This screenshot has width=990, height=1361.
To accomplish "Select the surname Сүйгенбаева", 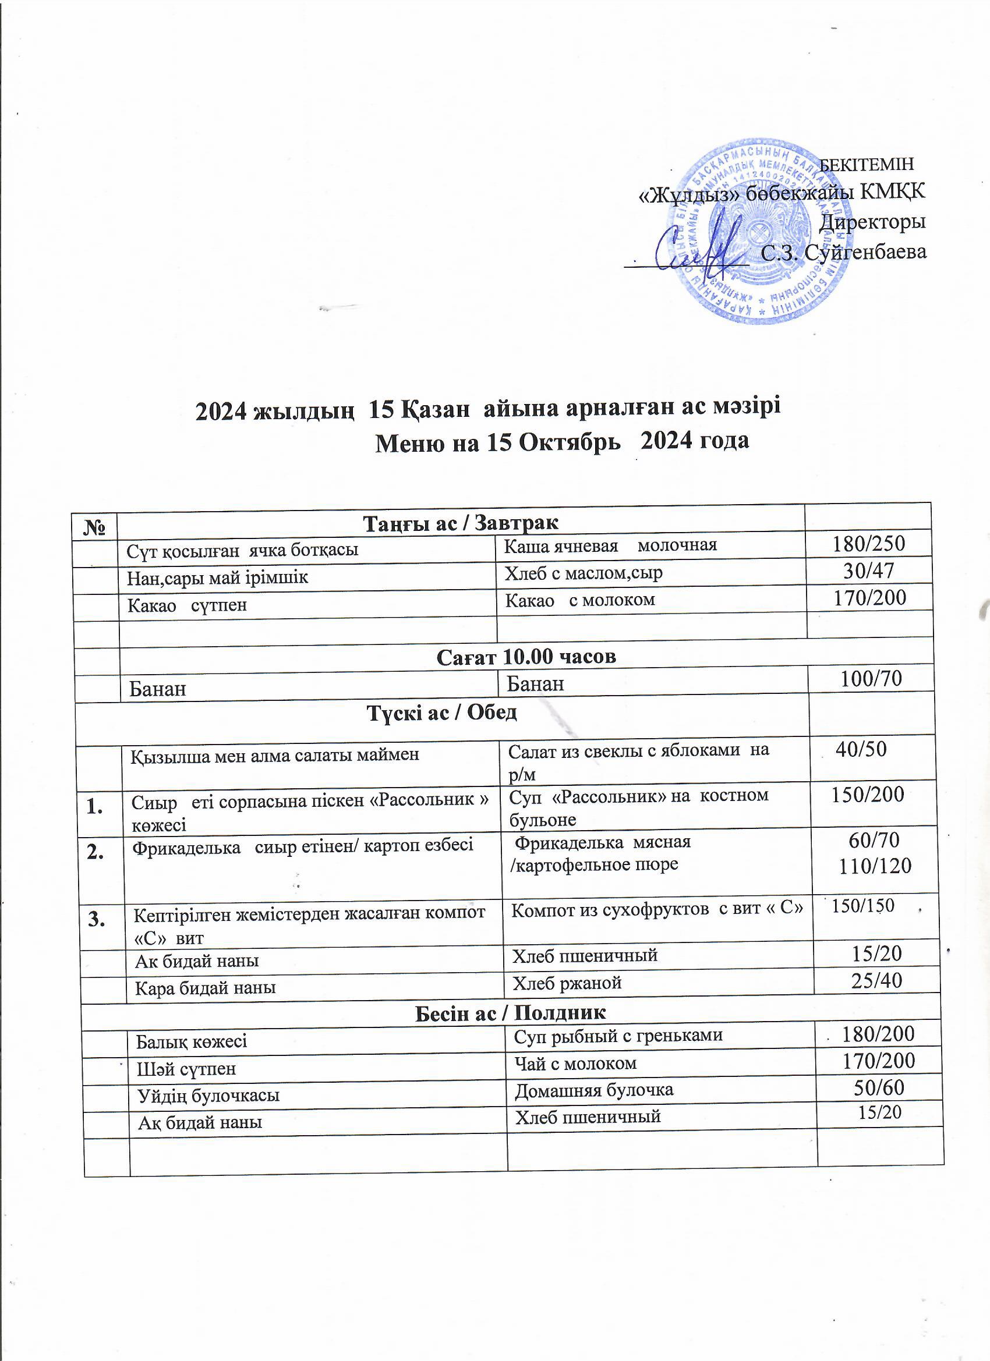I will coord(865,251).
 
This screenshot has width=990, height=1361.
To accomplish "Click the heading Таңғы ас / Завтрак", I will coord(461,523).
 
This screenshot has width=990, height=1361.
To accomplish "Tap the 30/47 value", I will coord(869,570).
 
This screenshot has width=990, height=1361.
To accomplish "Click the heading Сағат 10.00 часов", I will coord(526,657).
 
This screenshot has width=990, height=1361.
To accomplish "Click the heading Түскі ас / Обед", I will coord(442,713).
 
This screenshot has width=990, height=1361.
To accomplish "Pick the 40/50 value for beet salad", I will coord(861,749).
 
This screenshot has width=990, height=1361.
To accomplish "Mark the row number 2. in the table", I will coord(96,853).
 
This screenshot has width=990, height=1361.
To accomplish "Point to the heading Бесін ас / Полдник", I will coord(510,1013).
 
